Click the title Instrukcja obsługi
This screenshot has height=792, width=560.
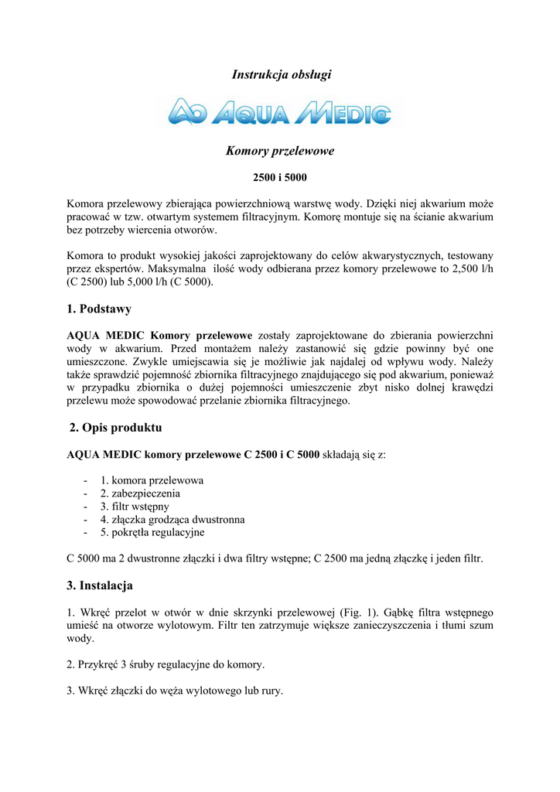281,74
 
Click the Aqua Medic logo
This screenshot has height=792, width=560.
280,113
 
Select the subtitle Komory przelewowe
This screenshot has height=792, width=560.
280,151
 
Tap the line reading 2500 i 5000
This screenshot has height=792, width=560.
280,178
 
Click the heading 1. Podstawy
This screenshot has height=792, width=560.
99,309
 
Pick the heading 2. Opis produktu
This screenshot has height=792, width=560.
115,428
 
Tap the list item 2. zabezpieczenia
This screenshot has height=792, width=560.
140,493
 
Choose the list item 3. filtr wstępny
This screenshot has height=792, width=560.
135,507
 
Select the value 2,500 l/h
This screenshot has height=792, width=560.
473,269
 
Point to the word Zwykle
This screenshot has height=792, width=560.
151,361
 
